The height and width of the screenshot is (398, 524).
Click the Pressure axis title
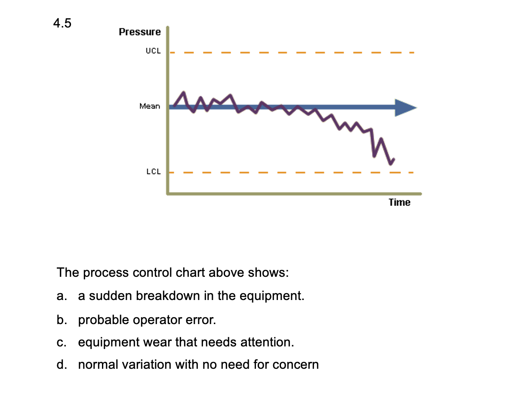[140, 32]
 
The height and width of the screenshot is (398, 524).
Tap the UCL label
[153, 51]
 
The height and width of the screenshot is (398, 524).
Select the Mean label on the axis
[149, 106]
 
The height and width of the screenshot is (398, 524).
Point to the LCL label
[153, 171]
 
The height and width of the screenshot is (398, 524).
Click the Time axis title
[400, 202]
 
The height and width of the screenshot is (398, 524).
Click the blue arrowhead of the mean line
[405, 107]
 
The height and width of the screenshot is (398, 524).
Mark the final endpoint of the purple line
[394, 159]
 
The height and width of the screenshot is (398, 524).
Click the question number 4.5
[62, 24]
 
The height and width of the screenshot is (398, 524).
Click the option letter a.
[61, 296]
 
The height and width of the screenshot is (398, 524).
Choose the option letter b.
[61, 320]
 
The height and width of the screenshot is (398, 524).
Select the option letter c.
[61, 343]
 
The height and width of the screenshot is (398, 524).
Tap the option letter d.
[61, 365]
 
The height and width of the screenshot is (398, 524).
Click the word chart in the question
[190, 273]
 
